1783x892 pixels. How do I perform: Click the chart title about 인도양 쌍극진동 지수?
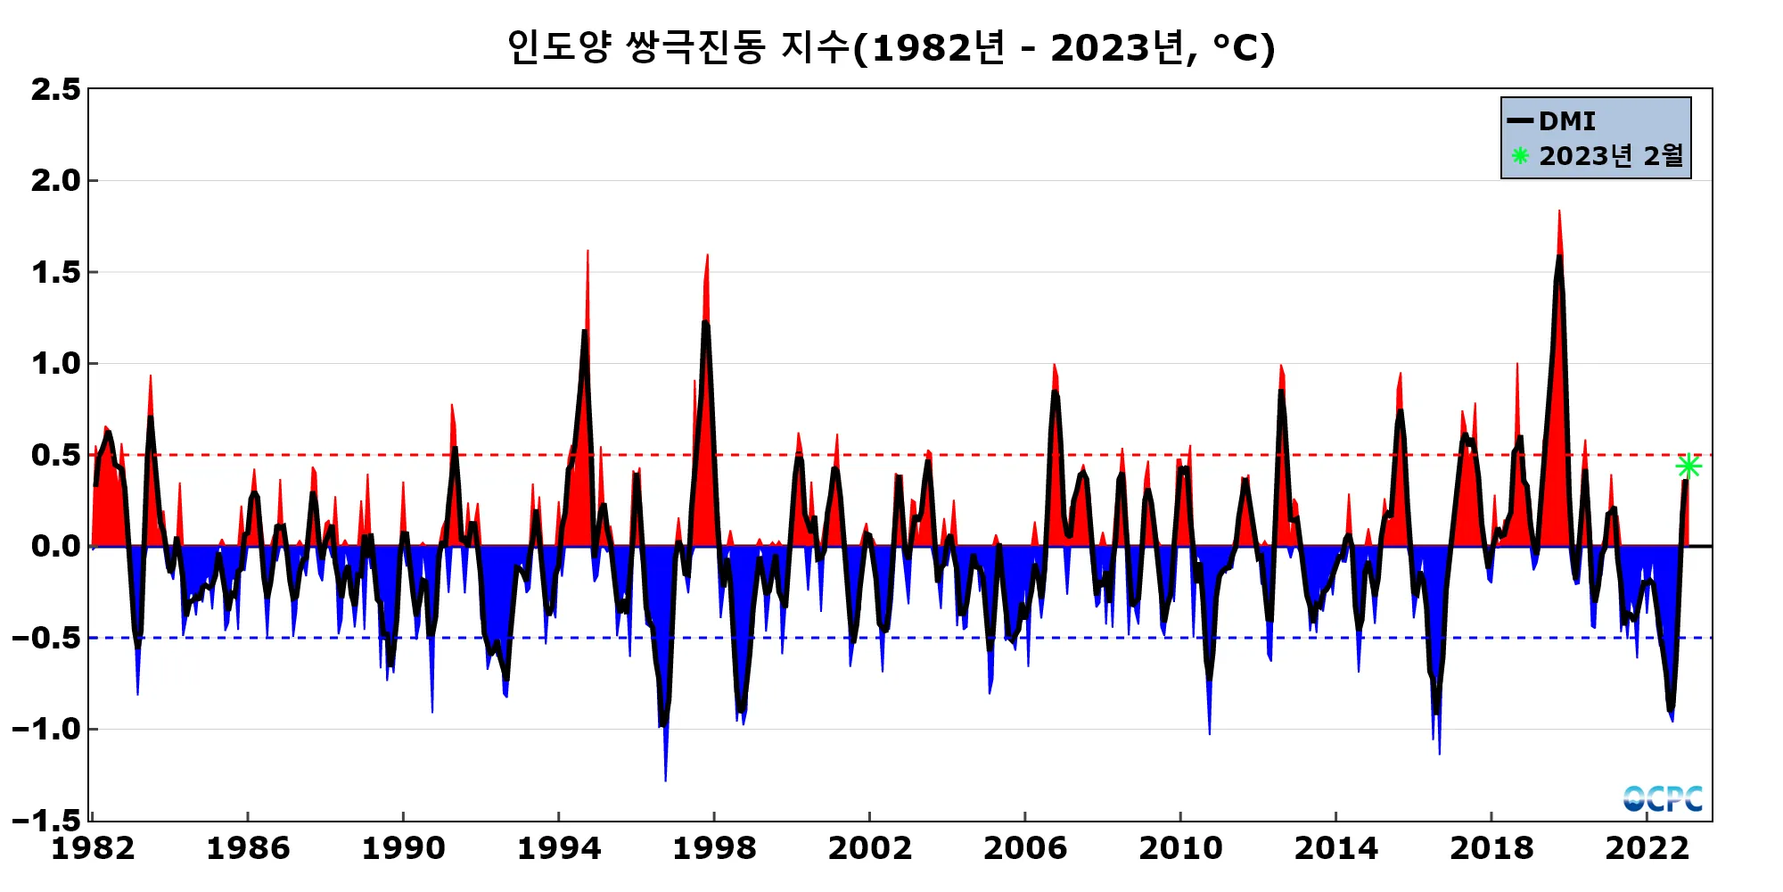891,48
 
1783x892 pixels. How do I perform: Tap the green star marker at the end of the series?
1688,466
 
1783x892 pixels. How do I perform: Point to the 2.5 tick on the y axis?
55,89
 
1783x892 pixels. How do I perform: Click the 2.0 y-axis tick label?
55,181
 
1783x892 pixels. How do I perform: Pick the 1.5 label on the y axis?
55,272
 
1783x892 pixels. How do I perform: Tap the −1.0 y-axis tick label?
46,729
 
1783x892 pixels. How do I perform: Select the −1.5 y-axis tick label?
46,820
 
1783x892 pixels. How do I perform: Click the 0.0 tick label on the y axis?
55,546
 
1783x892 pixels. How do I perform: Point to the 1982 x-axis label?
93,848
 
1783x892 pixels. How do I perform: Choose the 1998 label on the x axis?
714,848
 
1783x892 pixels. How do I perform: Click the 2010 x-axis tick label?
1180,848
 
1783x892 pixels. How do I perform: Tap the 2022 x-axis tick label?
1647,848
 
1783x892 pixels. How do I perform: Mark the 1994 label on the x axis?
559,848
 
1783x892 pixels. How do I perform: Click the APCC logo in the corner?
1663,798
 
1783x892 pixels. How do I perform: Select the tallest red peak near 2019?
1559,212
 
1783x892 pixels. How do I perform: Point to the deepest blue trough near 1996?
665,780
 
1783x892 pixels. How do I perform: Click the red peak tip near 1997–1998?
707,256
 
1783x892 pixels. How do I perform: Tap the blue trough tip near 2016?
1439,753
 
